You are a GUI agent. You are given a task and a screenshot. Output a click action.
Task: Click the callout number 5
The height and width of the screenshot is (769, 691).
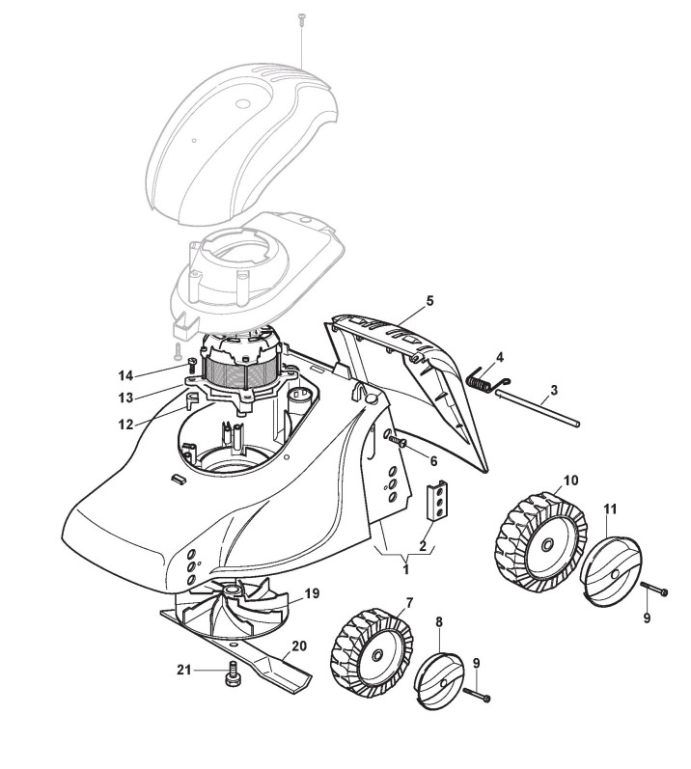(429, 301)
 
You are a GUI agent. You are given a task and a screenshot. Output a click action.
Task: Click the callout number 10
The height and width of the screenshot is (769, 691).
(570, 480)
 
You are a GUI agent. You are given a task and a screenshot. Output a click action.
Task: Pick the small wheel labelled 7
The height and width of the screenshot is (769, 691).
(372, 651)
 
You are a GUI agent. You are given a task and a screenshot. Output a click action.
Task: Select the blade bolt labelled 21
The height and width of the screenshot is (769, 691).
(232, 675)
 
